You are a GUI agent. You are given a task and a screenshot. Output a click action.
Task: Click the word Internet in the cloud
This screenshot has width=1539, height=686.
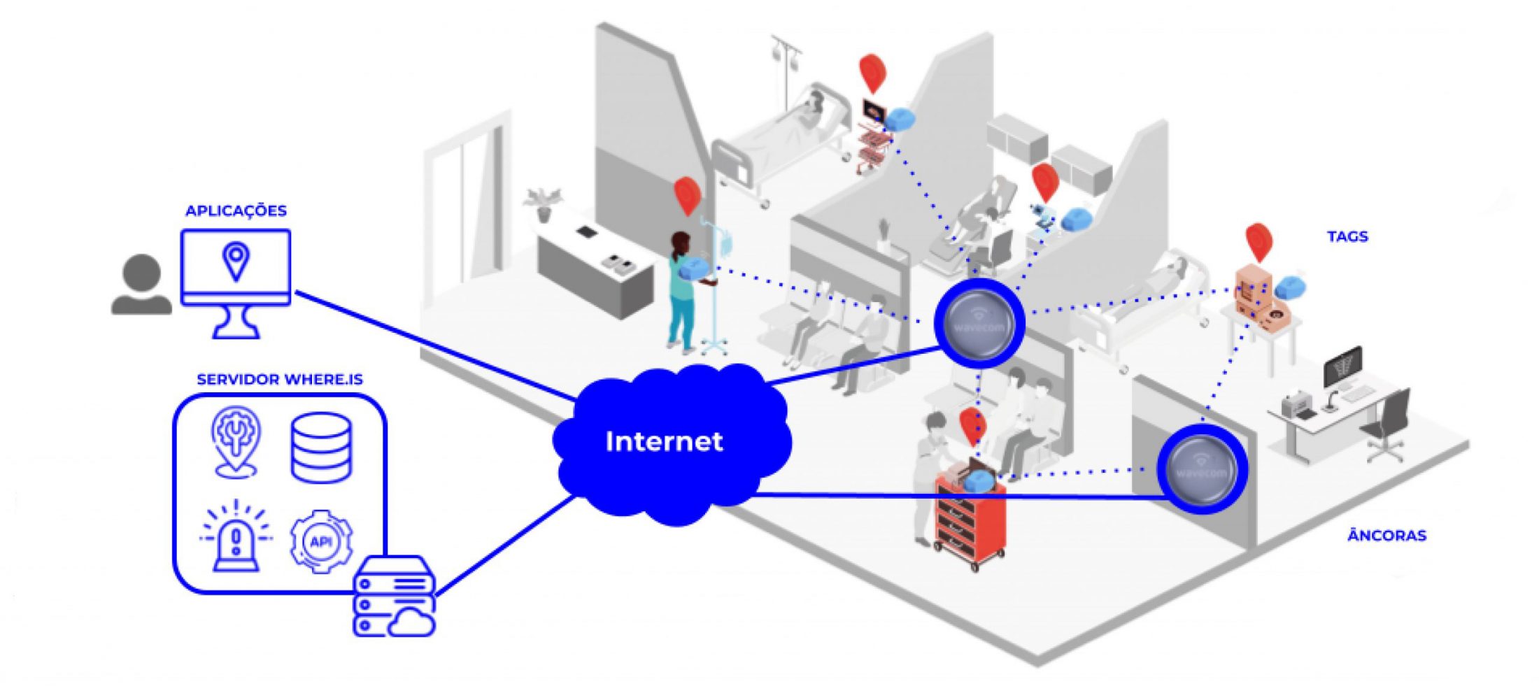click(x=663, y=441)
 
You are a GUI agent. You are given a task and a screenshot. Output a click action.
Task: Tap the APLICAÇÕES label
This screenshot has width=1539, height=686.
click(x=236, y=210)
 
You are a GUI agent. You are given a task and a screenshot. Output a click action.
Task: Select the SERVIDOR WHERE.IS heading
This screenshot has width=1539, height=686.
click(x=279, y=380)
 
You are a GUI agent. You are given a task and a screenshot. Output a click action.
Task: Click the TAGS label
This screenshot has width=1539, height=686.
click(x=1347, y=236)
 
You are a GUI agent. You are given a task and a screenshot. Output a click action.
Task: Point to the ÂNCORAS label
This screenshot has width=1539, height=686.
click(x=1386, y=536)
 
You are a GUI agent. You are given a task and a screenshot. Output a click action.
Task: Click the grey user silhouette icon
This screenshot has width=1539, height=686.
click(x=141, y=285)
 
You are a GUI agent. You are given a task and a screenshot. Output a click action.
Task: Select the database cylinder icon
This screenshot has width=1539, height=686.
click(x=320, y=448)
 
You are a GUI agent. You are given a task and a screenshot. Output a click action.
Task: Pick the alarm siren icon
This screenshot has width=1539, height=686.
click(x=236, y=538)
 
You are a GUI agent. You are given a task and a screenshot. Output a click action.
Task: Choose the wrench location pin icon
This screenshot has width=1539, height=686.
click(x=236, y=441)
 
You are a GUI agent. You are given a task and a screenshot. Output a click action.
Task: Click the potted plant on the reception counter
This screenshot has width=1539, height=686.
click(x=545, y=203)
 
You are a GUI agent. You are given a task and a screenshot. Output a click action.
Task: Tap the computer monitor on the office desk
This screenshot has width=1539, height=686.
click(x=1342, y=366)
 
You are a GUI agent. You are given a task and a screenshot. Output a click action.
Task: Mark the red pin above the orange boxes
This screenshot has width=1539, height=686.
click(x=1258, y=241)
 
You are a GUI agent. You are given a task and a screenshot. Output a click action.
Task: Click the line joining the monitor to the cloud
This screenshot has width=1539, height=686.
click(x=434, y=345)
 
